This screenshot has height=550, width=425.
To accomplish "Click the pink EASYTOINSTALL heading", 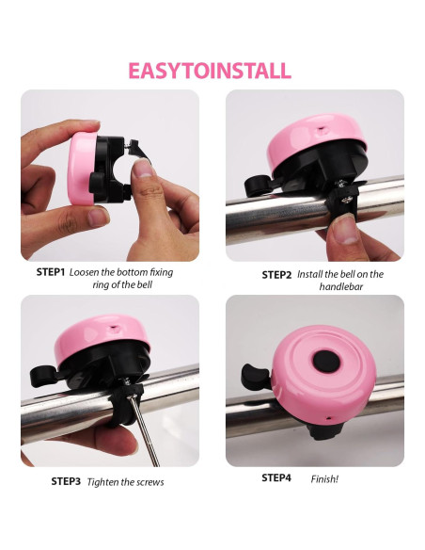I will click(210, 71).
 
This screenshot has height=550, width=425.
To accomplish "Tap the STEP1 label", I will click(51, 272).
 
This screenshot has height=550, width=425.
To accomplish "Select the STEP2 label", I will click(276, 275).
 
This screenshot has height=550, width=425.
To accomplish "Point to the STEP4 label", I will click(276, 477).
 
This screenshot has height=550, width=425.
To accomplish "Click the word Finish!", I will click(324, 478).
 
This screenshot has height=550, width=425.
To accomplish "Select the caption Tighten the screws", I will click(125, 482).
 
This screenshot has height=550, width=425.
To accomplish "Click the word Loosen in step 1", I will click(87, 272).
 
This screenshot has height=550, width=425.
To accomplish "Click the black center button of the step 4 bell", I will click(326, 361).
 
